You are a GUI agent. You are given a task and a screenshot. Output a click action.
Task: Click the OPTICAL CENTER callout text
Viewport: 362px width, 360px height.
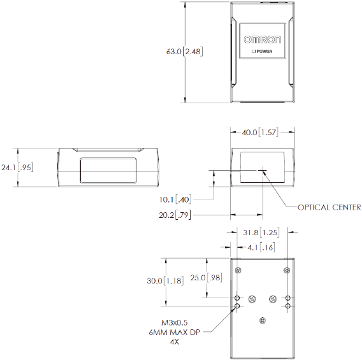coord(329,207)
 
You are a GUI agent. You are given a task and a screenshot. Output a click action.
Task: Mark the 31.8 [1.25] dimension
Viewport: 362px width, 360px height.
coord(261,233)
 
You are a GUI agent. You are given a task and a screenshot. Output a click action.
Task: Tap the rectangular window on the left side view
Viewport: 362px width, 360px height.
coord(108,169)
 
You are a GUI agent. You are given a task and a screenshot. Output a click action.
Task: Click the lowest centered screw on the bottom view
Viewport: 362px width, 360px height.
coord(262,319)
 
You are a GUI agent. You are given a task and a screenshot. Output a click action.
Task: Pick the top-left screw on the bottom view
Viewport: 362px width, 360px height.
coord(238,271)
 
